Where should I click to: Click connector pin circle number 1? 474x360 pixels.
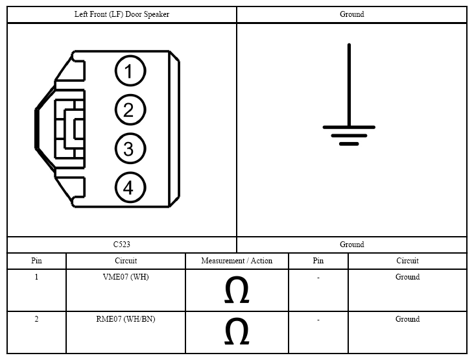[x=130, y=71]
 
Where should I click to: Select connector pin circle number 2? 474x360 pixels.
[x=130, y=110]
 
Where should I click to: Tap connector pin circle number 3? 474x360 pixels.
[x=130, y=149]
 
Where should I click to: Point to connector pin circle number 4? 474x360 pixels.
[x=130, y=187]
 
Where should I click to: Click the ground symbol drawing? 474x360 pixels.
[x=349, y=95]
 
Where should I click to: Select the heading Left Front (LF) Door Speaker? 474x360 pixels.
[x=122, y=14]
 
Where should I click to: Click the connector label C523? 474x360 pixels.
[x=122, y=245]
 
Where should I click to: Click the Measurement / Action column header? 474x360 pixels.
[x=237, y=261]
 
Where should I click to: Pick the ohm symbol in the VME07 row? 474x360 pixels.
[x=237, y=289]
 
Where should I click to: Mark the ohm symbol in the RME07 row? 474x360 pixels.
[x=237, y=331]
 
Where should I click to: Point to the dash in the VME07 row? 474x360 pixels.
[x=318, y=278]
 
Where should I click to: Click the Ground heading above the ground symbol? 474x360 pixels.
[x=352, y=14]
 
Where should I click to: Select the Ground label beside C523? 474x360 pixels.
[x=352, y=245]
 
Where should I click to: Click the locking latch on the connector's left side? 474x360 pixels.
[x=69, y=129]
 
